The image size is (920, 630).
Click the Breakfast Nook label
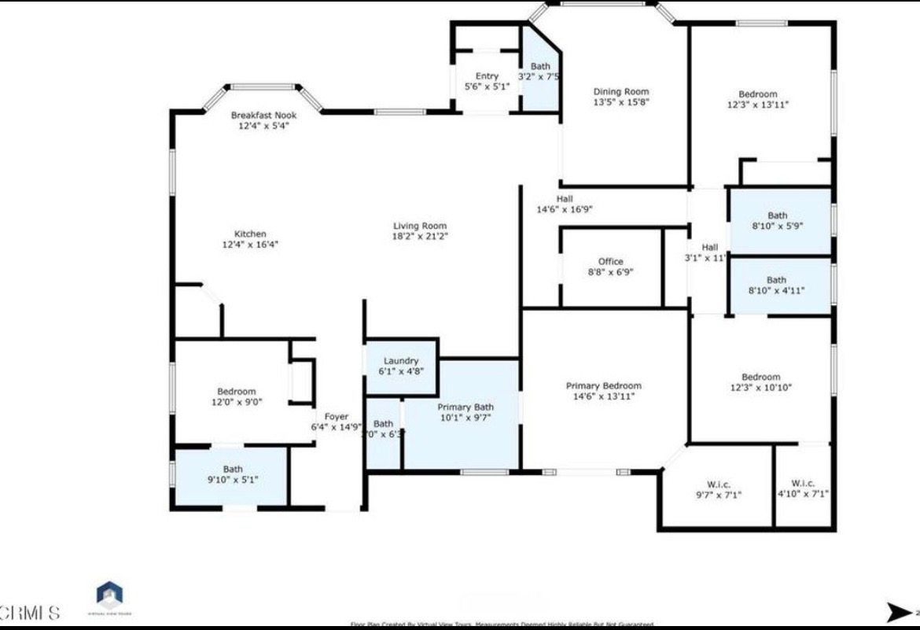pyautogui.click(x=263, y=115)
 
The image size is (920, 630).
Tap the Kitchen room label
pyautogui.click(x=250, y=234)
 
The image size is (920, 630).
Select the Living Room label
pyautogui.click(x=420, y=226)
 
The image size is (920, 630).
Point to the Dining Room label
pyautogui.click(x=620, y=91)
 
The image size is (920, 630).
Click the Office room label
pyautogui.click(x=610, y=261)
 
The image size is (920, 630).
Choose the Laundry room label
pyautogui.click(x=401, y=361)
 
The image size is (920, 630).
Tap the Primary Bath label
pyautogui.click(x=466, y=407)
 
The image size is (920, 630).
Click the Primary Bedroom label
pyautogui.click(x=603, y=385)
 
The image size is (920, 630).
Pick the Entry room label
pyautogui.click(x=487, y=76)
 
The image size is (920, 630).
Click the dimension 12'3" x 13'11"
pyautogui.click(x=757, y=105)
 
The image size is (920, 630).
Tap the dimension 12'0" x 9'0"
pyautogui.click(x=236, y=402)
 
